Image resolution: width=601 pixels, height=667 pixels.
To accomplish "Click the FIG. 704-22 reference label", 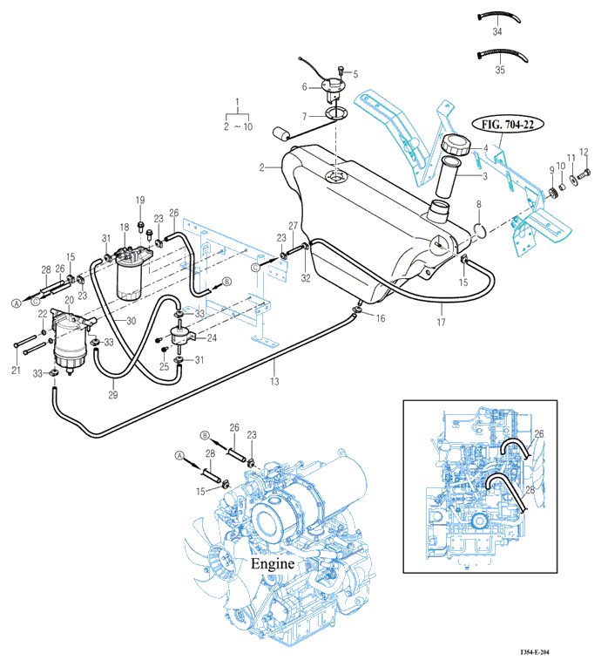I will coord(509,125).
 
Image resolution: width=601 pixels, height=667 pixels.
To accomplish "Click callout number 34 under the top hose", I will coord(498,31).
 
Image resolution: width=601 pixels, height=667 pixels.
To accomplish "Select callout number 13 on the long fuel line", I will coord(275,382).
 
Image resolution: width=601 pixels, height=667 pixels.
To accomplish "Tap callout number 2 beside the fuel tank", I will coord(261,167).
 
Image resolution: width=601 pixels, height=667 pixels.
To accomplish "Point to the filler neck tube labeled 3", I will coord(451,179).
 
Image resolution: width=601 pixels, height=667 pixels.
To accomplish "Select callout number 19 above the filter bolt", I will coord(139,201).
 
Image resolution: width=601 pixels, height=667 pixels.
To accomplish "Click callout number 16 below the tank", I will coord(380,320).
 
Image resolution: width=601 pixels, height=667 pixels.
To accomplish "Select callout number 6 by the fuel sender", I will coord(305,86).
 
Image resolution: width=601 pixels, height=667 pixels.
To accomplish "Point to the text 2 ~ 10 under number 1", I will coord(237,126).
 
